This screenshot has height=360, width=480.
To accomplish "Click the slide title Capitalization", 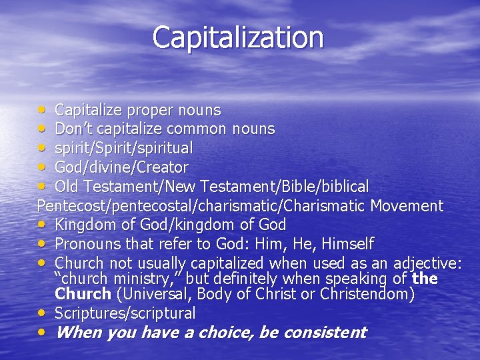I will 238,37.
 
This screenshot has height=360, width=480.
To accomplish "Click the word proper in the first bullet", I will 150,109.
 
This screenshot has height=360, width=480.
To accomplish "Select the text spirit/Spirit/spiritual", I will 124,148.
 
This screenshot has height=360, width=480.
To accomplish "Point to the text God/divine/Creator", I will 121,167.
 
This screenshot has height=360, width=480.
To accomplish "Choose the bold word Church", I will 83,294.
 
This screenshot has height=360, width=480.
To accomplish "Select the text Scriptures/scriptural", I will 125,313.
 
